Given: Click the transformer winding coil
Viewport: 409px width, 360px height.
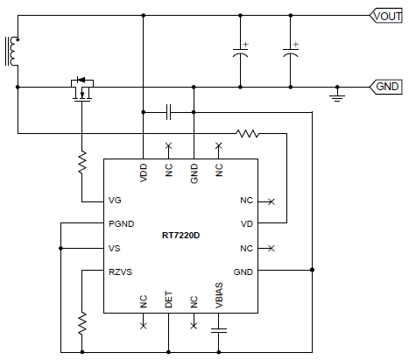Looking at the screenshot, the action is (x=13, y=51).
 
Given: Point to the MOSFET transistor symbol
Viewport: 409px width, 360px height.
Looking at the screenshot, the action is (x=82, y=89).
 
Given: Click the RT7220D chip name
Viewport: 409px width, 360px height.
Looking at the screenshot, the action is (x=181, y=236).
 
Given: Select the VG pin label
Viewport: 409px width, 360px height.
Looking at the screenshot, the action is (x=115, y=201).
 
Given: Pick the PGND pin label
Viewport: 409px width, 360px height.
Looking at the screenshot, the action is (x=122, y=224).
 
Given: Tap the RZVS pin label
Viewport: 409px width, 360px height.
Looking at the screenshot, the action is (x=120, y=272).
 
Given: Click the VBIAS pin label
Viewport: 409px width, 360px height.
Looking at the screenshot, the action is (x=219, y=295).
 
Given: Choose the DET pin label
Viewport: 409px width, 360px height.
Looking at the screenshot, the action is (x=168, y=300).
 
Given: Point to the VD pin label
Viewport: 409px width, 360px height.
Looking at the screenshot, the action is (x=247, y=224).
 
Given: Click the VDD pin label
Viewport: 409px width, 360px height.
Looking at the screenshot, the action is (x=144, y=173).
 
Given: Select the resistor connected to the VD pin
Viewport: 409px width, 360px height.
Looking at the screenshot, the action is (x=248, y=134).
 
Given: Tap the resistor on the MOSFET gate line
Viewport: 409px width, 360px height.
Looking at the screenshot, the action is (x=82, y=162).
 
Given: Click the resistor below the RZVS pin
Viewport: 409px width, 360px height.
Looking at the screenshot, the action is (x=82, y=323).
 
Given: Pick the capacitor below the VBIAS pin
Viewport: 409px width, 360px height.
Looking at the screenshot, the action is (x=219, y=330).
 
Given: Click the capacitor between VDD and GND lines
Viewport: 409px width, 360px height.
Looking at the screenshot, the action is (x=168, y=112).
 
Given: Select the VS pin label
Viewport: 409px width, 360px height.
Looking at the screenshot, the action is (x=115, y=249).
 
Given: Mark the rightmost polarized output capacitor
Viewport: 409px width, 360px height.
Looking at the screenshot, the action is (x=291, y=52).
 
